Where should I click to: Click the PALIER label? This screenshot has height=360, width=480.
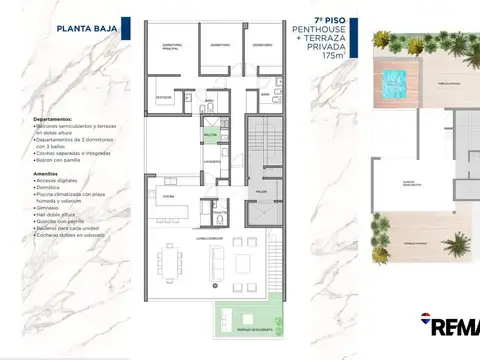260,190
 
